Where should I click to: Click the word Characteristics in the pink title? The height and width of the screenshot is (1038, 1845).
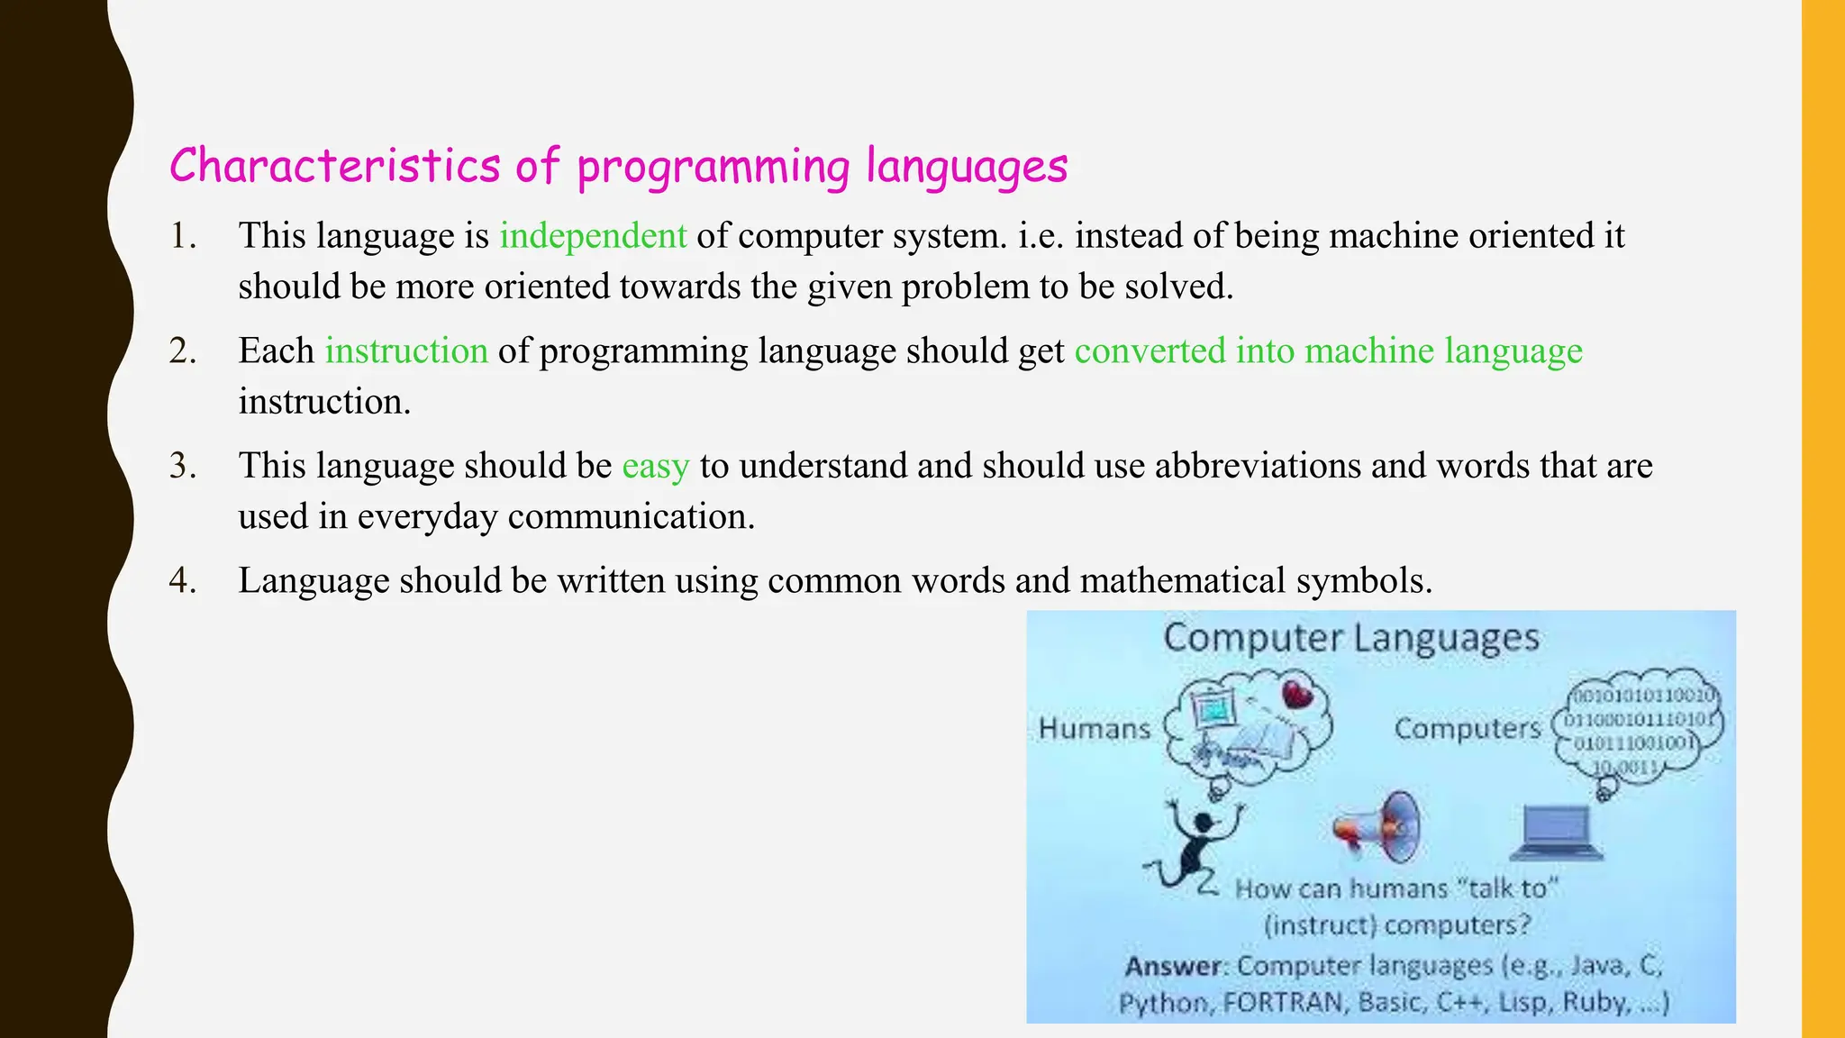coord(334,167)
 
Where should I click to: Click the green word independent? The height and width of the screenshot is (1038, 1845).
coord(593,236)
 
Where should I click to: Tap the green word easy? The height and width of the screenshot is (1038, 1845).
coord(655,467)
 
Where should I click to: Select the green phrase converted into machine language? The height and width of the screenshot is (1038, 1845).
coord(1328,351)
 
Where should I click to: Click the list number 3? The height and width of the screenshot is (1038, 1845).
coord(183,467)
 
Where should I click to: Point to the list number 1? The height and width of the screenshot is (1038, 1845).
coord(183,236)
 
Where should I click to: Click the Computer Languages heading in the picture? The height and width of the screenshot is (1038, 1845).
coord(1350,638)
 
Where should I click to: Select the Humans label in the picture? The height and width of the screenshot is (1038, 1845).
coord(1094,728)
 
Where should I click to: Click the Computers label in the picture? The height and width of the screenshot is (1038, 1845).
coord(1468,728)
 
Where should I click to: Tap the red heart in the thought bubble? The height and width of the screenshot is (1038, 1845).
coord(1298,694)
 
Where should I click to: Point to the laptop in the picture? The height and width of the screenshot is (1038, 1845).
coord(1556,833)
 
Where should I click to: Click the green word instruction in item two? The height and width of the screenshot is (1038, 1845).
coord(406,351)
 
